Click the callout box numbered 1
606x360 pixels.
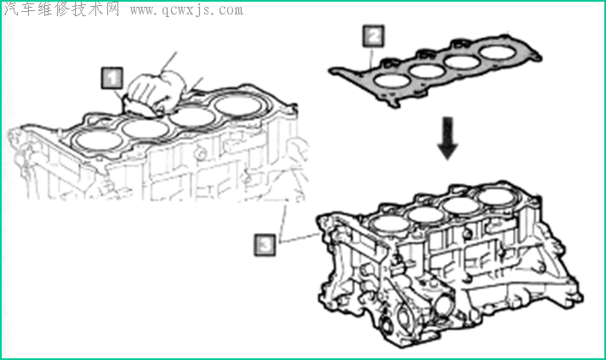(x=111, y=77)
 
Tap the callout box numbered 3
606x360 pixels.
(x=266, y=245)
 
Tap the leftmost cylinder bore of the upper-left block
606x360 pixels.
(x=96, y=138)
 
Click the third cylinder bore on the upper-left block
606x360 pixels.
(x=192, y=118)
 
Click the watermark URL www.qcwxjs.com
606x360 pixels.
(x=186, y=10)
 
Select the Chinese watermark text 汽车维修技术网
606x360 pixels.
(x=62, y=10)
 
